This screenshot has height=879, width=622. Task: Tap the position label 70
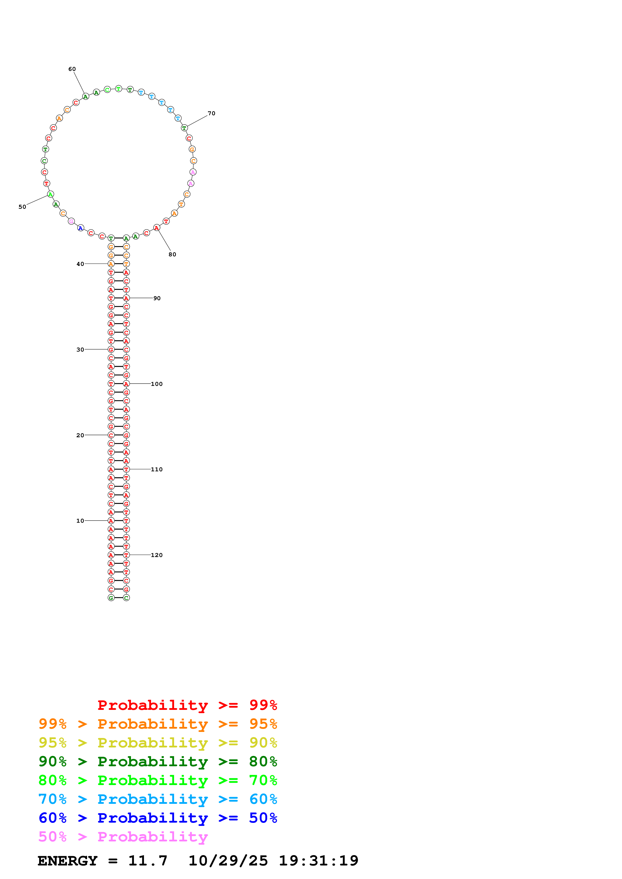coord(211,113)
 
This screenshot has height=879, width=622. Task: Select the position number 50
coord(22,207)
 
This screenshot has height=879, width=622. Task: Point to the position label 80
coord(172,254)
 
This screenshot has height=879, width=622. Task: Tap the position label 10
coord(80,521)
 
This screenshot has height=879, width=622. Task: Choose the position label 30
coord(80,350)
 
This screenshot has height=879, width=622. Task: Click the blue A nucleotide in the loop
coord(81,228)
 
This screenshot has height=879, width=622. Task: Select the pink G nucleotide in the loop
coord(71,221)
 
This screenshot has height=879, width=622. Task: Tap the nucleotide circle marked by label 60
coord(86,96)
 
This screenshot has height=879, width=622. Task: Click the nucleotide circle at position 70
coord(184,128)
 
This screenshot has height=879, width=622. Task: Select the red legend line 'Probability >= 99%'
coord(187,705)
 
